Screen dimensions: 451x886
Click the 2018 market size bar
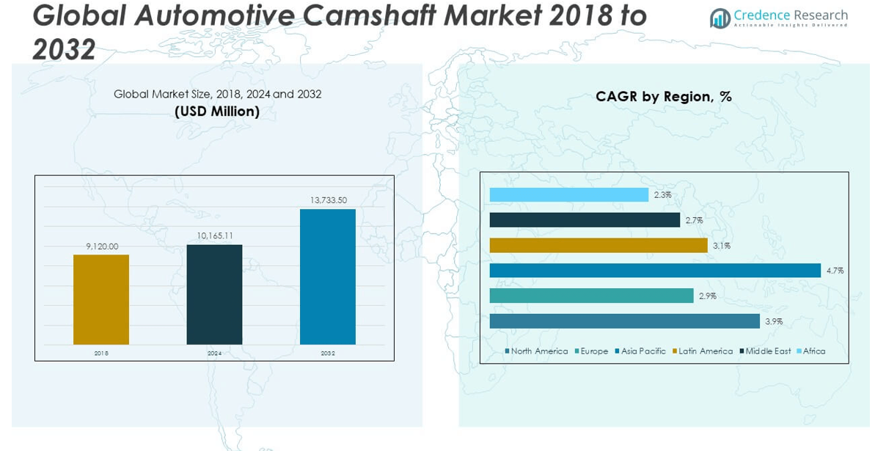(101, 299)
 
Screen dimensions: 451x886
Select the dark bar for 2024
(214, 294)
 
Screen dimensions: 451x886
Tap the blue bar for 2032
(328, 276)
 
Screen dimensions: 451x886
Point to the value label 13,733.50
(328, 200)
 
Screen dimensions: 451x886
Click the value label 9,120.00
(101, 246)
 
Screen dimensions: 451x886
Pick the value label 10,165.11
(214, 236)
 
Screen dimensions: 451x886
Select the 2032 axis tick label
(328, 353)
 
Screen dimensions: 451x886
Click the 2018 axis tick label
(101, 353)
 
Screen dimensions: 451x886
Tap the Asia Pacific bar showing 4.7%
(654, 271)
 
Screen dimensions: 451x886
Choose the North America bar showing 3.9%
(624, 321)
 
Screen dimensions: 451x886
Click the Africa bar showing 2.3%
(568, 195)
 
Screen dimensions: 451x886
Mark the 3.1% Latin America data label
(721, 246)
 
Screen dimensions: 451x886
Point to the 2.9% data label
(707, 296)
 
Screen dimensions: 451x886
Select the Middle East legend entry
(767, 351)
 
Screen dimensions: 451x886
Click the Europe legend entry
(593, 351)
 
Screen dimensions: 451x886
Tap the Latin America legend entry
(705, 351)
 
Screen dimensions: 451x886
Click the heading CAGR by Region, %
(663, 97)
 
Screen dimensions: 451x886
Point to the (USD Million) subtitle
(217, 111)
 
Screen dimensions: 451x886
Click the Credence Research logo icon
(720, 18)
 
